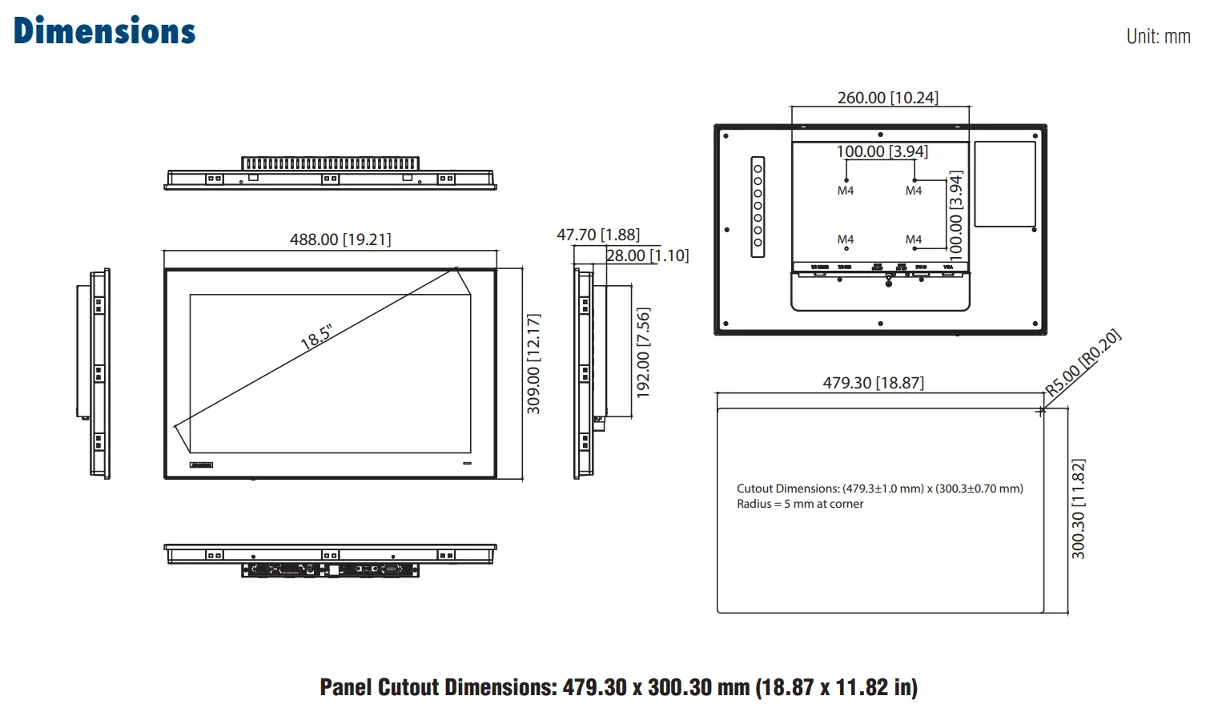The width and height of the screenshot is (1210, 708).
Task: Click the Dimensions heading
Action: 104,31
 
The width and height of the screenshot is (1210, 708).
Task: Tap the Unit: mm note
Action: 1157,36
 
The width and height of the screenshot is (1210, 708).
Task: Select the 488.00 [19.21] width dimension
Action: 340,239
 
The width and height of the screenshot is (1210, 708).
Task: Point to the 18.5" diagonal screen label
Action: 316,337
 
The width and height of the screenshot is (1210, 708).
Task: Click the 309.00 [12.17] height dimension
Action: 533,364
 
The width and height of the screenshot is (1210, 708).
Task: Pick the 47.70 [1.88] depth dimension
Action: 598,235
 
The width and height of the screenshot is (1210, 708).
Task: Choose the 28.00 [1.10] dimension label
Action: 647,255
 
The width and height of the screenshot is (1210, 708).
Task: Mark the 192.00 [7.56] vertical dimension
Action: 643,352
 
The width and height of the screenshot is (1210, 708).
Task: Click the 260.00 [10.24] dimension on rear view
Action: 887,98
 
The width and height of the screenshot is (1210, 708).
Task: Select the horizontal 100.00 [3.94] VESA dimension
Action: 882,151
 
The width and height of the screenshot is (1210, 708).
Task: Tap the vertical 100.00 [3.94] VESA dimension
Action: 955,215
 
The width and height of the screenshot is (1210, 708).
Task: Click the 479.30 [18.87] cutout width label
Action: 873,383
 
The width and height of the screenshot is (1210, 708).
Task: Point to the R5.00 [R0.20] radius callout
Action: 1083,363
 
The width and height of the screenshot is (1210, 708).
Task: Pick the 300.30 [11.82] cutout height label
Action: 1079,509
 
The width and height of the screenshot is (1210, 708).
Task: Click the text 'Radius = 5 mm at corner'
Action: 800,504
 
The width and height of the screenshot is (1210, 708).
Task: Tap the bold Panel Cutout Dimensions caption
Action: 618,687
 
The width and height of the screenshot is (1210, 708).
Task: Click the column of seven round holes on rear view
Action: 758,207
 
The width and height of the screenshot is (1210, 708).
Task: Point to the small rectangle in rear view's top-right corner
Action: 1005,184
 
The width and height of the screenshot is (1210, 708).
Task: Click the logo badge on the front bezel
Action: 202,465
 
